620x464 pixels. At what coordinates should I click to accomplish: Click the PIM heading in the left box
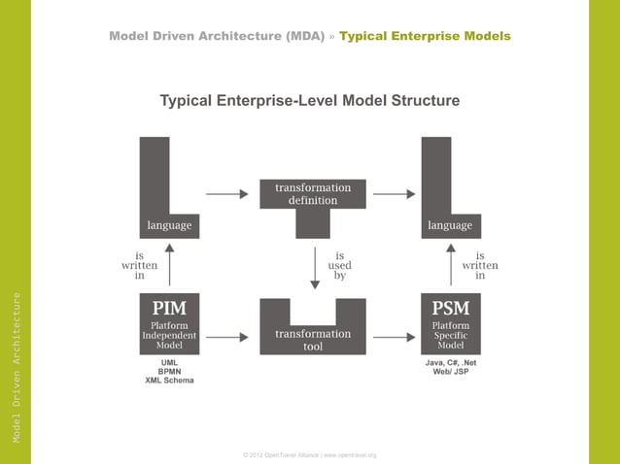pos(169,308)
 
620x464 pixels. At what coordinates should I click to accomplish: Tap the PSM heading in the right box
pos(450,308)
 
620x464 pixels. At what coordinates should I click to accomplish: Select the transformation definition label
pos(313,193)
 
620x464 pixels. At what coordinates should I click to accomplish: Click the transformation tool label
pos(313,340)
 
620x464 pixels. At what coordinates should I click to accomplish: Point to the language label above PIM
pos(169,225)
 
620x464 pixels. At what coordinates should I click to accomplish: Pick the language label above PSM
pos(450,225)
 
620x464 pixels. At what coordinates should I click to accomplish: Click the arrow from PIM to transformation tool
pos(227,338)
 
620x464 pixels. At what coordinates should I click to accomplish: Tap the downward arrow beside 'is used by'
pos(314,268)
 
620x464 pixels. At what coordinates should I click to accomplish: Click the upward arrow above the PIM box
pos(170,264)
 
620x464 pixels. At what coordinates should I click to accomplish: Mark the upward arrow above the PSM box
pos(451,264)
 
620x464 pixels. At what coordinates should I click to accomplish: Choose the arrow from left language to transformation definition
pos(227,193)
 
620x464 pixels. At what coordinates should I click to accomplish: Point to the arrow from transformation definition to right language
pos(395,193)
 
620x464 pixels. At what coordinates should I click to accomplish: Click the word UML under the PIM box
pos(169,362)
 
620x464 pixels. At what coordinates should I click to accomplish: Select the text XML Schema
pos(169,381)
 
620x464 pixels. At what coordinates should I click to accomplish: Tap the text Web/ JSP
pos(450,371)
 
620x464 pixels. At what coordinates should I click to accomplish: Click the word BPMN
pos(169,371)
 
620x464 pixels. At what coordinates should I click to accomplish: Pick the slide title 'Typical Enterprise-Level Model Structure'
pos(309,101)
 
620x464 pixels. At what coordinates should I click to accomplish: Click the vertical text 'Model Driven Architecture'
pos(17,368)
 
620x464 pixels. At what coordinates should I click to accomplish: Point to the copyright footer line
pos(310,454)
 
